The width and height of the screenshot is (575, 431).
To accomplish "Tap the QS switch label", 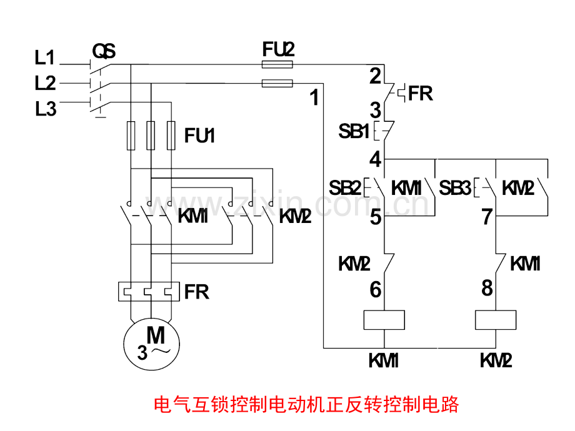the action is click(x=104, y=51).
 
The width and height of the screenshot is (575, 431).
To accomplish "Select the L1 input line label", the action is click(x=45, y=57).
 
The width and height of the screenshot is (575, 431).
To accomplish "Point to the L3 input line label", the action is click(x=46, y=109).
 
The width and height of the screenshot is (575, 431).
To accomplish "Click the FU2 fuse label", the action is click(x=278, y=49).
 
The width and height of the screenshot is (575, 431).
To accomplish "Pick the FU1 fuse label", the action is click(x=199, y=136).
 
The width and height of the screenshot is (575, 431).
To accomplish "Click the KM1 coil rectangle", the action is click(x=384, y=320).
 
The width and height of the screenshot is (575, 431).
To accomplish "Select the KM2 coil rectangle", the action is click(x=496, y=320).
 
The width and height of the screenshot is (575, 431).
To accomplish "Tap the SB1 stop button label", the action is click(x=354, y=131).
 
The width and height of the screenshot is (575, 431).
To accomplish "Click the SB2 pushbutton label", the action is click(x=345, y=188).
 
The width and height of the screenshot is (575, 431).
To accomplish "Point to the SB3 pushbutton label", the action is click(x=455, y=188).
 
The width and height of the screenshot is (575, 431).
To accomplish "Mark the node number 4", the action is click(x=375, y=160).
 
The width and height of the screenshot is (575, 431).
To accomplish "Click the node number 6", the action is click(x=375, y=290).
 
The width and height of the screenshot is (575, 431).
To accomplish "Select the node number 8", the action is click(x=487, y=288).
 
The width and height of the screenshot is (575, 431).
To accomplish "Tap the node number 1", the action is click(x=314, y=98).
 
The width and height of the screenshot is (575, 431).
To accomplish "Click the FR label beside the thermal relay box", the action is click(x=196, y=292).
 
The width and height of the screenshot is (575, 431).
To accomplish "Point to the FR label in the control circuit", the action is click(x=420, y=94).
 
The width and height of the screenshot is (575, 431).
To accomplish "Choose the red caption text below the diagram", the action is click(x=306, y=405).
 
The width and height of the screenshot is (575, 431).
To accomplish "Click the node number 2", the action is click(x=375, y=76).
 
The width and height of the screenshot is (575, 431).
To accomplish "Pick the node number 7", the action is click(x=487, y=217).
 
